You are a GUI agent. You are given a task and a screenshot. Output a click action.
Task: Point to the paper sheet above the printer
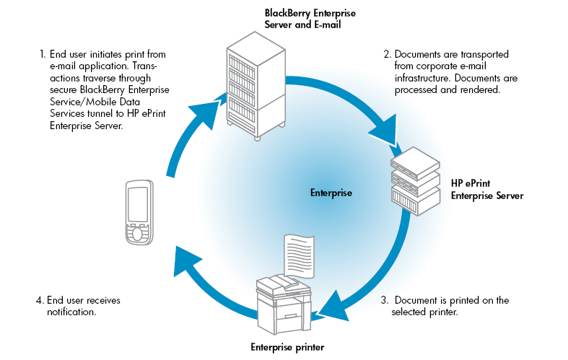(x=297, y=257)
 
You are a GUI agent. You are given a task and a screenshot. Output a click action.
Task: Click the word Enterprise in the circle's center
(x=331, y=193)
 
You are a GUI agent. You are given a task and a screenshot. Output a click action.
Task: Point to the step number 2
(x=387, y=53)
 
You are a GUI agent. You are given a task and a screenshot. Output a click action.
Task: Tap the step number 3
(x=385, y=300)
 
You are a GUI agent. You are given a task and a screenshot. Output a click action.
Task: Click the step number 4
(x=40, y=300)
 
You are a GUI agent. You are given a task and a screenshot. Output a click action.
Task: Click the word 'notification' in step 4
(x=71, y=313)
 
